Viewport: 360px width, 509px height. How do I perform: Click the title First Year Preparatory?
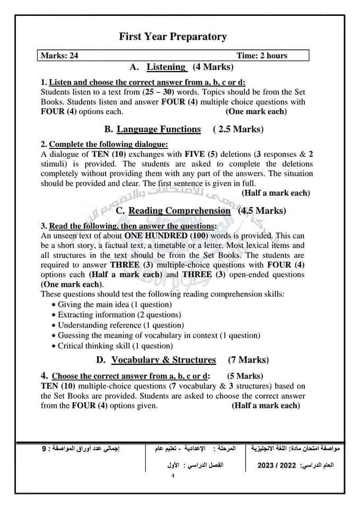click(173, 37)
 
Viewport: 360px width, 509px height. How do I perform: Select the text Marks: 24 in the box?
click(59, 56)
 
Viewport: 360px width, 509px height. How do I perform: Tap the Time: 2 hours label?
click(262, 56)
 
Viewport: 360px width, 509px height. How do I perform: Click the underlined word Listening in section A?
click(166, 67)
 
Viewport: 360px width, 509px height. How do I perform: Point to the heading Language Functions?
click(159, 129)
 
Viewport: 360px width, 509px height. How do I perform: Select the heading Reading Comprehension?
click(180, 211)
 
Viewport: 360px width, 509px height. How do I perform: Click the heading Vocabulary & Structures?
click(163, 360)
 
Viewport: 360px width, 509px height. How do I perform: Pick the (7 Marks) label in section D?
click(248, 360)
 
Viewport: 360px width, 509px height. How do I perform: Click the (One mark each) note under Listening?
click(256, 111)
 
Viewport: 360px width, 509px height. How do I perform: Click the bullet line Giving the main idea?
click(115, 305)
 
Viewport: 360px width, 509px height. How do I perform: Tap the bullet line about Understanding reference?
click(121, 326)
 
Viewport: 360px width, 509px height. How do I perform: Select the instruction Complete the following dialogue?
click(108, 144)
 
